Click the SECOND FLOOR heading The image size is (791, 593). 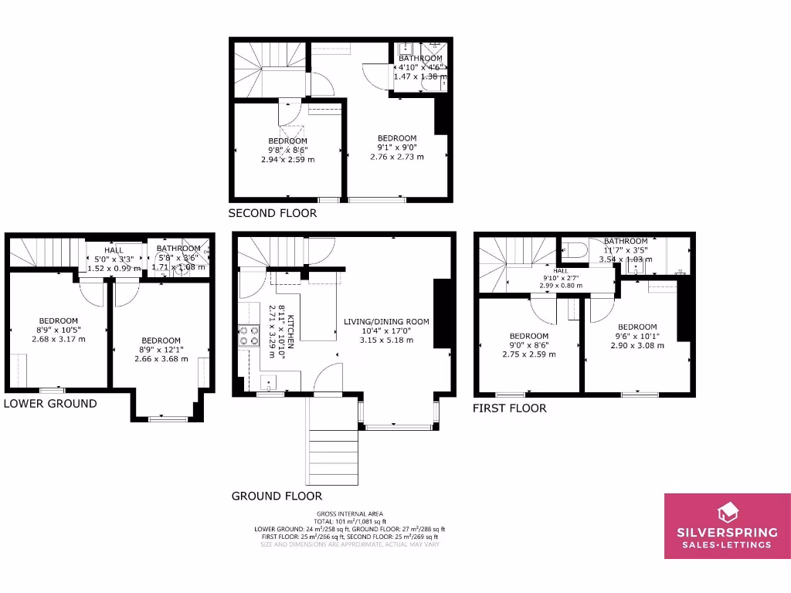point(272,213)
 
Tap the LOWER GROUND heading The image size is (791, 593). point(50,403)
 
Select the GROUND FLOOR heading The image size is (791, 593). point(277,496)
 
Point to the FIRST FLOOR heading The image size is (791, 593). point(509,408)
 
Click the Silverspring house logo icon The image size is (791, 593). point(728,512)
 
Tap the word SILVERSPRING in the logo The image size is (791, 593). point(728,532)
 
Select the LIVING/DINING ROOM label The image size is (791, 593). point(386,321)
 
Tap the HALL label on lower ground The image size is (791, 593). point(114,250)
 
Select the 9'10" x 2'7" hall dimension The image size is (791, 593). point(560,278)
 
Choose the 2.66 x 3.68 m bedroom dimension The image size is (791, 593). point(161,358)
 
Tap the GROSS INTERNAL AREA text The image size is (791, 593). point(350,513)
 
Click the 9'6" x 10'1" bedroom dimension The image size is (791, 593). point(637,336)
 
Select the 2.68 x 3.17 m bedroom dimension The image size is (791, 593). point(59,339)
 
